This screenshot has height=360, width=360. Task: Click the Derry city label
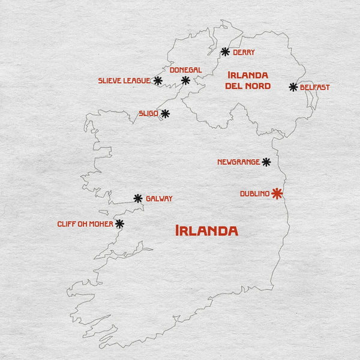click(244, 52)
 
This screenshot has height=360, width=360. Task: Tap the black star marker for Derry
click(225, 52)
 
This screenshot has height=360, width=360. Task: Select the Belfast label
click(315, 87)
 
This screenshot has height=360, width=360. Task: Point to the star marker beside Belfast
click(293, 87)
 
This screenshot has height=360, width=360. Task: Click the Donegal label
click(185, 70)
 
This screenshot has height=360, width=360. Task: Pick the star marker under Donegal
click(185, 80)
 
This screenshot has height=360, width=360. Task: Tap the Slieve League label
click(124, 80)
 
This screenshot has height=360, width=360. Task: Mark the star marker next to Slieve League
click(158, 80)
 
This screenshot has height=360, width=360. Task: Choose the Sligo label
click(148, 113)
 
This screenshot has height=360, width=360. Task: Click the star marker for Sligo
click(165, 113)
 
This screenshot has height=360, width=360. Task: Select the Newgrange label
click(238, 162)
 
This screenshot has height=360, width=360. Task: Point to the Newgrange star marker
click(266, 162)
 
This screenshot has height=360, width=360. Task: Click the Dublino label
click(254, 194)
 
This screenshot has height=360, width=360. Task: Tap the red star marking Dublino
click(277, 193)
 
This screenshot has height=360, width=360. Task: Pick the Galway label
click(159, 199)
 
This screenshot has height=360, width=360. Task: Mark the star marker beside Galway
click(138, 198)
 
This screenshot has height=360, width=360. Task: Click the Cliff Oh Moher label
click(85, 224)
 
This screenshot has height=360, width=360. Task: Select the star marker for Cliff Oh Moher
click(119, 224)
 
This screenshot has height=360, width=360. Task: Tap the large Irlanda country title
click(206, 231)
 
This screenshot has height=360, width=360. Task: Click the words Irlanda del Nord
click(248, 80)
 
